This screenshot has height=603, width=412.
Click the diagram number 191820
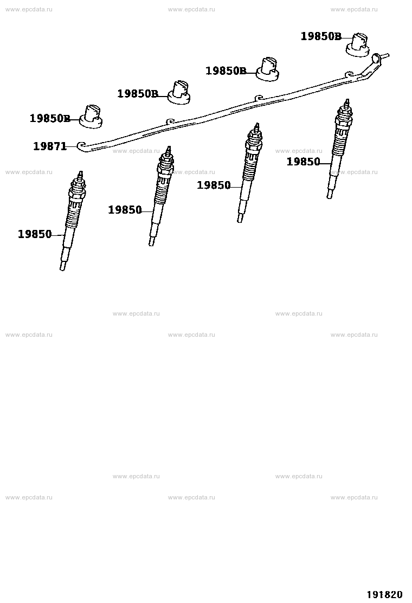385,594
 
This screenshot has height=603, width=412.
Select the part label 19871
50,146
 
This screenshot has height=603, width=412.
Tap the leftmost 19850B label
50,118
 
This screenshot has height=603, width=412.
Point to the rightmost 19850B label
321,36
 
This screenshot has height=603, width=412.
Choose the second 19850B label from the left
138,93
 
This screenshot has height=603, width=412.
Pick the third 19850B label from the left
226,70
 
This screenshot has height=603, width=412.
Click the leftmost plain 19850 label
35,234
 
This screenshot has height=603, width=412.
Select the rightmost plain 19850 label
303,162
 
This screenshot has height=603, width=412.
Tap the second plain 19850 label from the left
125,210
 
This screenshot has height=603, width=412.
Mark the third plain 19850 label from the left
214,185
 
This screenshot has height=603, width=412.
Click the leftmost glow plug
72,221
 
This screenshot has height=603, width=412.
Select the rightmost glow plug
340,149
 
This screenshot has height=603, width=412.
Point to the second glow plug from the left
160,196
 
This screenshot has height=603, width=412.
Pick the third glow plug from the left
250,172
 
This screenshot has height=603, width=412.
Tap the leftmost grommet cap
91,117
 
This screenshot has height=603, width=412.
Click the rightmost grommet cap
357,45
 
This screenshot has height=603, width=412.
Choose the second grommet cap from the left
179,92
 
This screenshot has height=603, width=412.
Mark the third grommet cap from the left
268,69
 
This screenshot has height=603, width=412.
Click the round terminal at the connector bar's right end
376,58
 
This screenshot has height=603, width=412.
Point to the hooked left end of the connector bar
82,145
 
